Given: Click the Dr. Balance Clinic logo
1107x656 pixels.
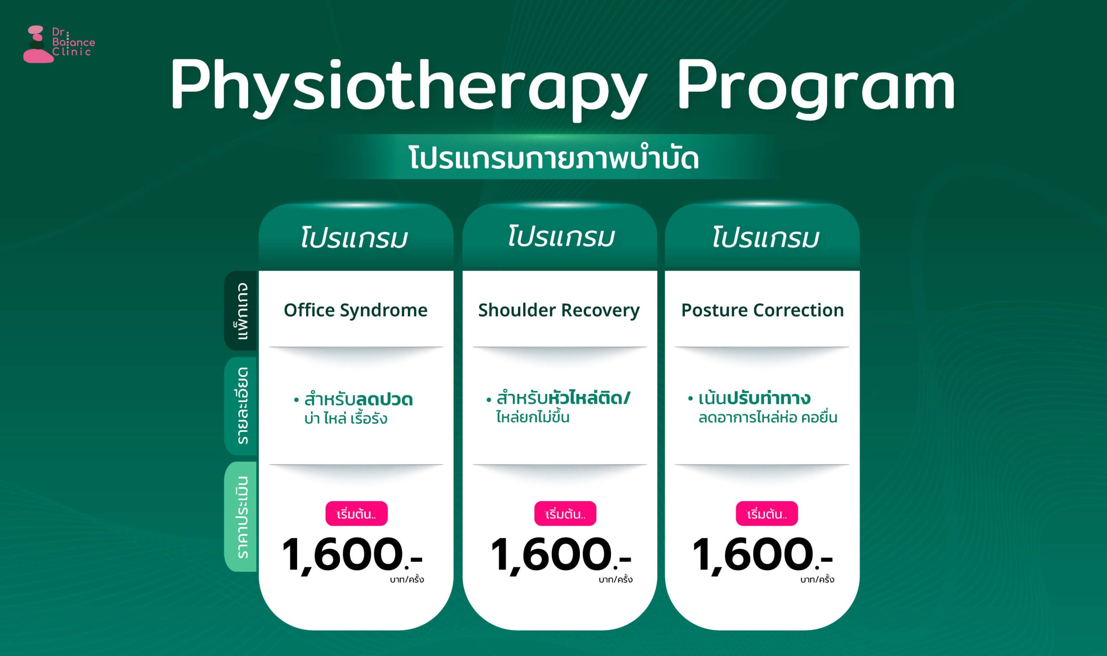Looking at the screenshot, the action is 59,44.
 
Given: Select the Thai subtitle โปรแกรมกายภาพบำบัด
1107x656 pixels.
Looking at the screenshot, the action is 554,158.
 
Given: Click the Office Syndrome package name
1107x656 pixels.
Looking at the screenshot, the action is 356,310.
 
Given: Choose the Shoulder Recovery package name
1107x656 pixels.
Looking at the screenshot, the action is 559,310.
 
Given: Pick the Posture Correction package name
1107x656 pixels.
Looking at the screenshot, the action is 762,310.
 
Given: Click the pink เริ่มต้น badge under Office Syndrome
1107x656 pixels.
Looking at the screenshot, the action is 357,514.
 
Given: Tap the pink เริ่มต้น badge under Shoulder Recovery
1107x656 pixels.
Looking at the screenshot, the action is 565,514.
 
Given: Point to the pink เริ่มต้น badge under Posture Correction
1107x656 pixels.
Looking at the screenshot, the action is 767,514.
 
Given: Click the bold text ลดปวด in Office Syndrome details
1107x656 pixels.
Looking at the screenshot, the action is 384,400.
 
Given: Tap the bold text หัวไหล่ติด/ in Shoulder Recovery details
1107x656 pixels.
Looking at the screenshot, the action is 589,398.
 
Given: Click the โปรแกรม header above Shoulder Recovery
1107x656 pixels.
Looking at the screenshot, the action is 561,237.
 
